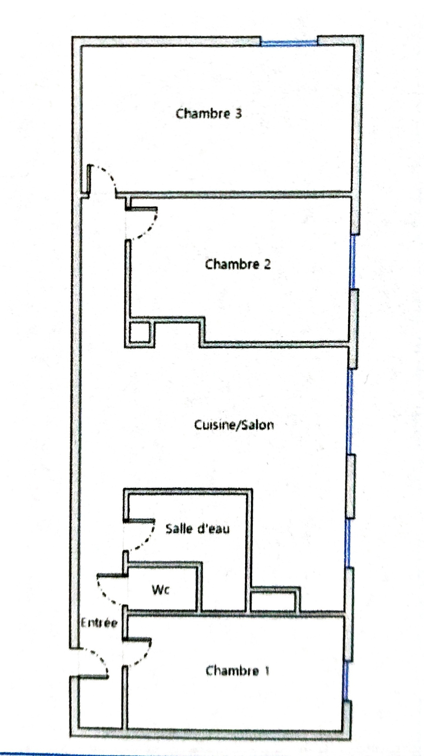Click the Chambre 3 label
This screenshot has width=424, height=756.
point(208,114)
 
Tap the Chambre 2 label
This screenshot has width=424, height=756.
point(238,264)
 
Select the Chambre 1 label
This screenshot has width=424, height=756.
point(238,670)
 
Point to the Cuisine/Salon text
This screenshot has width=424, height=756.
point(234,425)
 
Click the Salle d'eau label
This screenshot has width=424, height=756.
point(197,528)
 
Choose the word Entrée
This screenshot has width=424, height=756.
point(99,623)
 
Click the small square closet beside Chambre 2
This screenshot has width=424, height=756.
point(139,333)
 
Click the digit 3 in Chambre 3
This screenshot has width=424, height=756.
point(238,114)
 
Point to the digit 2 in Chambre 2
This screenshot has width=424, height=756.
point(267,264)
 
